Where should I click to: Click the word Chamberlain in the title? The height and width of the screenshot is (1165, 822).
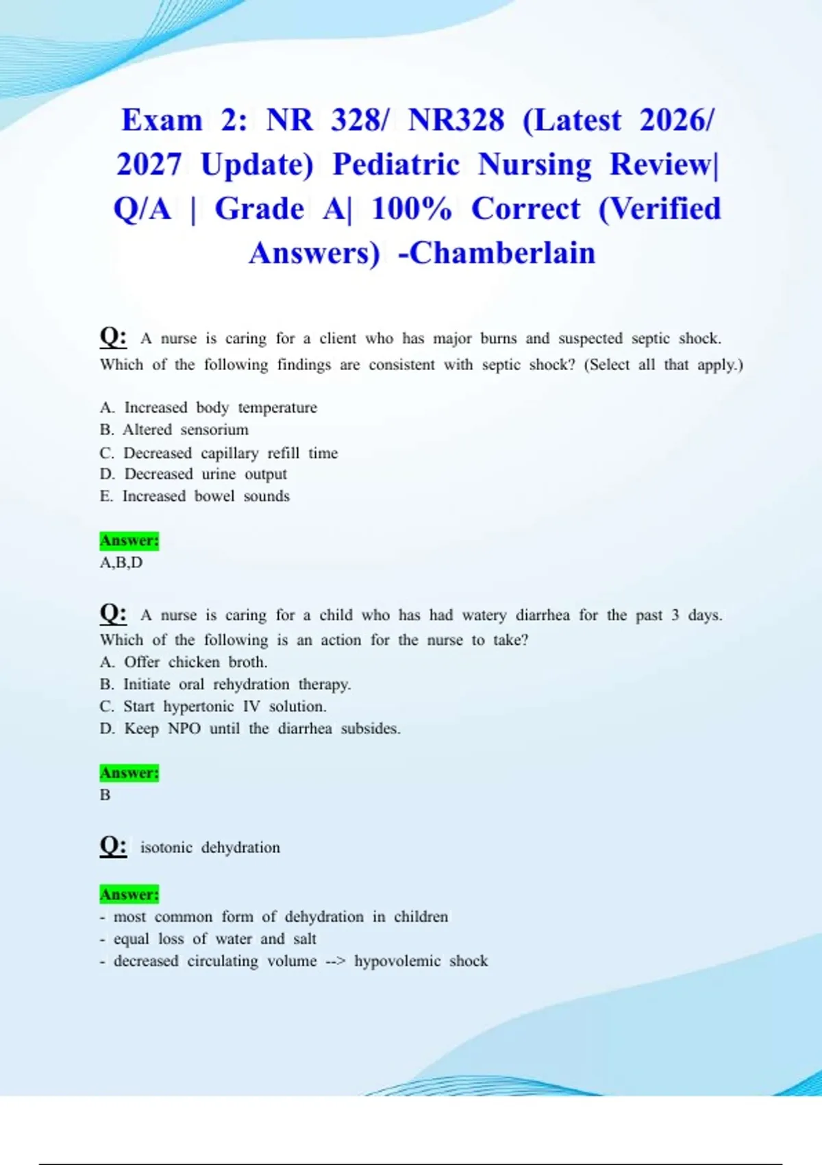(x=502, y=253)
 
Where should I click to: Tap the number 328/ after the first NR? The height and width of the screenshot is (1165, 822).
(x=360, y=120)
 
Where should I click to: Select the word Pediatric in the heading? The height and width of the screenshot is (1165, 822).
(x=396, y=164)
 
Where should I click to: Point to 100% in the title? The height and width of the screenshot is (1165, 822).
(x=411, y=209)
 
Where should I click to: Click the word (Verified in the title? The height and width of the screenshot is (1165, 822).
(x=660, y=209)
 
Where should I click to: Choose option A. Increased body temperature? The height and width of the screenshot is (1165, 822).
(x=208, y=408)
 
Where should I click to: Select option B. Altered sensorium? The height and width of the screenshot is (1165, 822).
(x=174, y=430)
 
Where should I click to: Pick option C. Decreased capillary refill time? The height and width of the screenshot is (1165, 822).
(x=219, y=453)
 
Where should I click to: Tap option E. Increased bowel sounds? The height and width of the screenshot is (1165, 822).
(x=195, y=496)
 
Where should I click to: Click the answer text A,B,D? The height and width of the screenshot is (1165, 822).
(x=121, y=563)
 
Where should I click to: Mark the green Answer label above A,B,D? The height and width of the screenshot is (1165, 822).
(x=129, y=541)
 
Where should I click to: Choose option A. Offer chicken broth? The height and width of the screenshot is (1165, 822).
(x=184, y=662)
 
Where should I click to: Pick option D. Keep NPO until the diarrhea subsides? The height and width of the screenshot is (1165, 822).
(x=250, y=728)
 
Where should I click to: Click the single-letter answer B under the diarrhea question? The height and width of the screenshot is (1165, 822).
(x=105, y=795)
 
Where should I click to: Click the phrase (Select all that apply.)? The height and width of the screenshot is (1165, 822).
(x=663, y=365)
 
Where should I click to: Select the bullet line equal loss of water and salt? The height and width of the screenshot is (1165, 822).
(x=208, y=939)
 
